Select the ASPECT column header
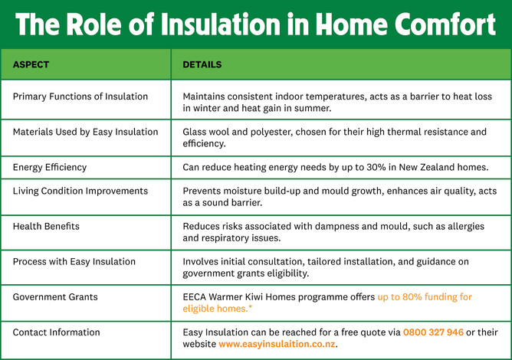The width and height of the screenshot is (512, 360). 31,65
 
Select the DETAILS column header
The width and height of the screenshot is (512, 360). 202,65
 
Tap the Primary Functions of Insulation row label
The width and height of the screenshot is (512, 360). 80,97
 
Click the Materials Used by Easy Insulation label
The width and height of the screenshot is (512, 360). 85,132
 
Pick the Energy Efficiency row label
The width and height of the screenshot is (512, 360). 50,167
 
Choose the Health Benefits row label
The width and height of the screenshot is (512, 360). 45,226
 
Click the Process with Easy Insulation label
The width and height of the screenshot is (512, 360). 74,261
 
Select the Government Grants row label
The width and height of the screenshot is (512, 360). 56,296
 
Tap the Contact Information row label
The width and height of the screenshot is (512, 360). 56,332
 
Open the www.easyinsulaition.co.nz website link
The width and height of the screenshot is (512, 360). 277,345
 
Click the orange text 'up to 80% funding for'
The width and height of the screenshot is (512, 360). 425,297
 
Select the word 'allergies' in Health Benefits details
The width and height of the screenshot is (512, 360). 468,226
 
